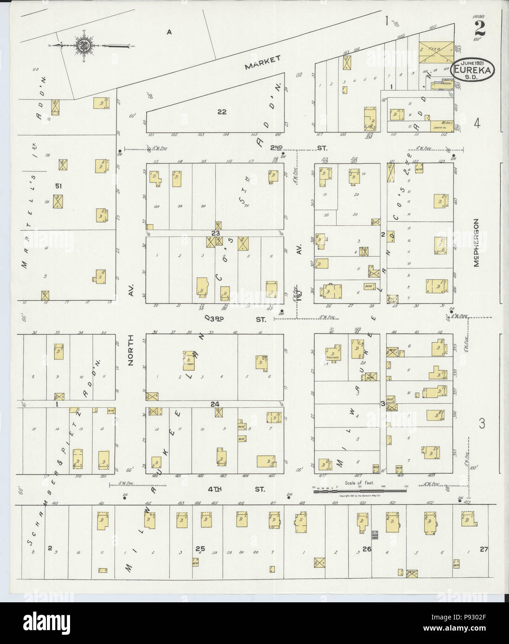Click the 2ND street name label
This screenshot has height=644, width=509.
tap(277, 148)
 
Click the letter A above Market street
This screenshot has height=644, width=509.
tap(169, 32)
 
